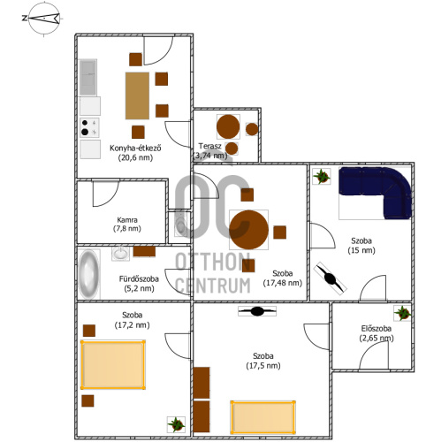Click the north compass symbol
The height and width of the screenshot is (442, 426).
tap(44, 19)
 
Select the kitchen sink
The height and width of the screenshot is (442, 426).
tap(87, 77)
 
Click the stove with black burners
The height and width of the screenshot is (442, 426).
tap(89, 127)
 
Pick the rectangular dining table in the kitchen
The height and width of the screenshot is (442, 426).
tap(137, 95)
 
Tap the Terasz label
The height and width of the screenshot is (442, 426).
tap(209, 146)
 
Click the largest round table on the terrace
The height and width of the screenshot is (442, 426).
tap(228, 126)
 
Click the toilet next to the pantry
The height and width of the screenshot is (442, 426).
tap(180, 225)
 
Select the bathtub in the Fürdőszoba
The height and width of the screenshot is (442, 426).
tap(88, 274)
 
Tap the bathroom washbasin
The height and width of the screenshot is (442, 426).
tap(120, 254)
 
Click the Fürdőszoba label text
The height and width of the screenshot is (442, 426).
tap(139, 278)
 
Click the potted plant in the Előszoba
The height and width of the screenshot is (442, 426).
tap(403, 313)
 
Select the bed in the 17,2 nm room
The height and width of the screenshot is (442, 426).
tap(113, 365)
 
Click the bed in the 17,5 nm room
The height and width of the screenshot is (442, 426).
tap(263, 417)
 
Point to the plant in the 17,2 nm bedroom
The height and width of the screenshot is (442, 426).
tap(176, 424)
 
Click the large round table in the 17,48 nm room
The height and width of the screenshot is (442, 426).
tap(249, 230)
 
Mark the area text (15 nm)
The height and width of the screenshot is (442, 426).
tap(361, 250)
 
